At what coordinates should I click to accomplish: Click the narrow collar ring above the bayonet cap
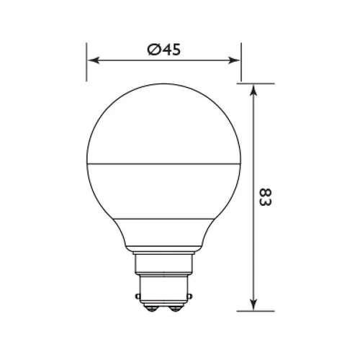point(164,253)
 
